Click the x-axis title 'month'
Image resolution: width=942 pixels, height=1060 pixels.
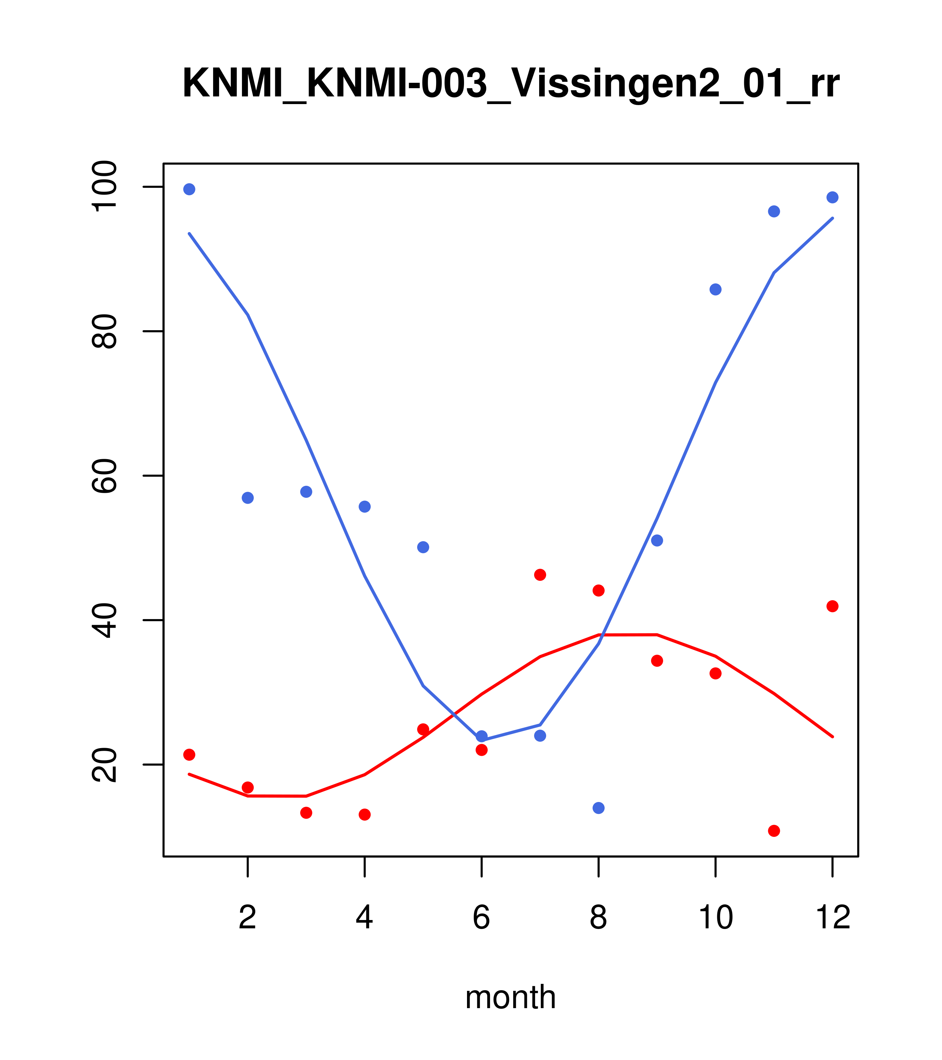[x=511, y=997]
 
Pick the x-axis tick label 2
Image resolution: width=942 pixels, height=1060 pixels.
[x=248, y=918]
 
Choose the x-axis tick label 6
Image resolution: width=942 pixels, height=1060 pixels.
[x=482, y=918]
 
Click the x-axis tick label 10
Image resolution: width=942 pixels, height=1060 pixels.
[x=715, y=918]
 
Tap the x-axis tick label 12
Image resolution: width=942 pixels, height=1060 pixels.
[x=833, y=918]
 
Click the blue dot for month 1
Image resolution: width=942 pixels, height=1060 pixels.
[x=189, y=189]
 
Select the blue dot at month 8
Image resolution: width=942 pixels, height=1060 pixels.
[x=598, y=808]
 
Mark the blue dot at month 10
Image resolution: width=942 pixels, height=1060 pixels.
[x=715, y=289]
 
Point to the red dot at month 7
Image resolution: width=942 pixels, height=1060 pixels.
[x=540, y=575]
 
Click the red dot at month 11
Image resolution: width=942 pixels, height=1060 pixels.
[x=774, y=831]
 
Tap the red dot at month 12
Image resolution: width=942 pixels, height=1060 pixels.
[x=833, y=606]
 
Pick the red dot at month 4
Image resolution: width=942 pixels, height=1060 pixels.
[x=365, y=815]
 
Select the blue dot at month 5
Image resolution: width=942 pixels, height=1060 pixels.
[x=423, y=547]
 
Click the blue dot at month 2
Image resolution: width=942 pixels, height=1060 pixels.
[x=248, y=498]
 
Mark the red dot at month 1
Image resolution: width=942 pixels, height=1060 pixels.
[x=189, y=754]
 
